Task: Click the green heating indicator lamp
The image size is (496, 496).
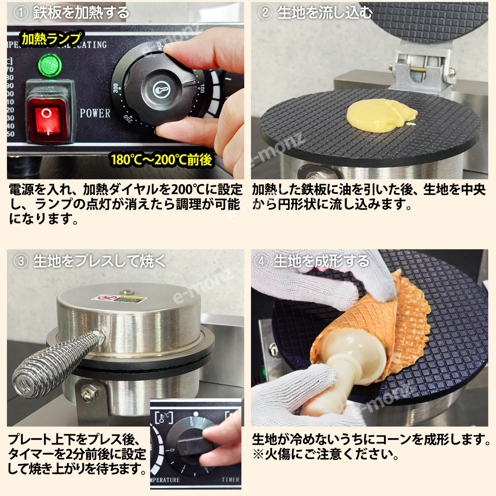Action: coord(50,65)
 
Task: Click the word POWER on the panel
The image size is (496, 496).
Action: coord(95,113)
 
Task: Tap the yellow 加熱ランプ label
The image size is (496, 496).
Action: coord(51,39)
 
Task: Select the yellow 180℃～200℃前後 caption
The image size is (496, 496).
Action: coord(161,160)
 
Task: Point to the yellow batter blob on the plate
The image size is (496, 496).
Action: coord(381,115)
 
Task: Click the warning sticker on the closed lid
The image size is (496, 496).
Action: coord(119,299)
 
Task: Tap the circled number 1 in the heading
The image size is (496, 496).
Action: coord(21,13)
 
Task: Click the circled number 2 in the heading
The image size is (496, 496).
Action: coord(265,13)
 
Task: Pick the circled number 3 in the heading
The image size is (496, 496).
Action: coord(21,262)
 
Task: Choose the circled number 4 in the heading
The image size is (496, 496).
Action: coord(261,262)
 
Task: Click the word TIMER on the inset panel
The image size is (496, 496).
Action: coord(230,479)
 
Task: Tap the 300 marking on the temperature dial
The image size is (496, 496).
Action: coord(115,88)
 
